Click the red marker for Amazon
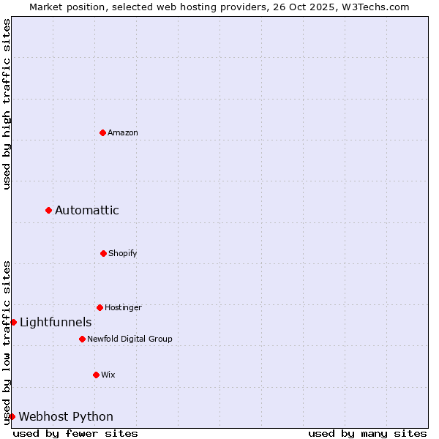(x=103, y=132)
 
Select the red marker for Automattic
(x=49, y=210)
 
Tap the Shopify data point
(x=103, y=253)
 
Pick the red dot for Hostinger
(x=100, y=307)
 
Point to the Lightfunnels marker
(x=13, y=322)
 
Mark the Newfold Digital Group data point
(x=82, y=339)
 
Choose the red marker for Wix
(x=96, y=375)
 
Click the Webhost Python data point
(x=12, y=416)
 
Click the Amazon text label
(x=123, y=132)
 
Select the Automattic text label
(x=87, y=211)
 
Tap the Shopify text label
(x=123, y=253)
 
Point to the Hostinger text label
(x=123, y=307)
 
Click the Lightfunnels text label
(x=56, y=323)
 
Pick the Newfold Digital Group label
(x=130, y=339)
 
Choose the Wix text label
(x=108, y=375)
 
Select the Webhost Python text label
(x=66, y=417)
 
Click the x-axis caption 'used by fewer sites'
(x=75, y=433)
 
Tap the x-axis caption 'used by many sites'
(x=367, y=433)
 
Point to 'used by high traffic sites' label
(x=7, y=104)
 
